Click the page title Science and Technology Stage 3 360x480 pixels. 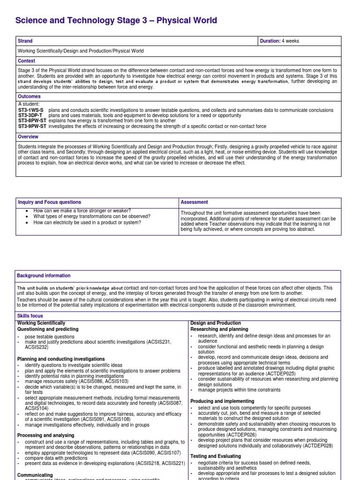116,20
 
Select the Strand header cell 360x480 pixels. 25,41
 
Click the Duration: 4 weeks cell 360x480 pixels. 279,41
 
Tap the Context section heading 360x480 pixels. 27,61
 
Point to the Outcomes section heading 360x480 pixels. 30,97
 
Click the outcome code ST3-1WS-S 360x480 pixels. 30,110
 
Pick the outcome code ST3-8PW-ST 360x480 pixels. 32,121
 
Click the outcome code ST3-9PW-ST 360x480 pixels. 32,126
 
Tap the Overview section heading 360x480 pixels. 29,137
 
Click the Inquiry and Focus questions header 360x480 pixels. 49,202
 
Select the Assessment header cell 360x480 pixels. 195,202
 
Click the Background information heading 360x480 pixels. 44,276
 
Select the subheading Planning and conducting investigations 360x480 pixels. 61,359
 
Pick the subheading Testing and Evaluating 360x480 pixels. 216,456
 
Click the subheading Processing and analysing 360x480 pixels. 45,435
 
